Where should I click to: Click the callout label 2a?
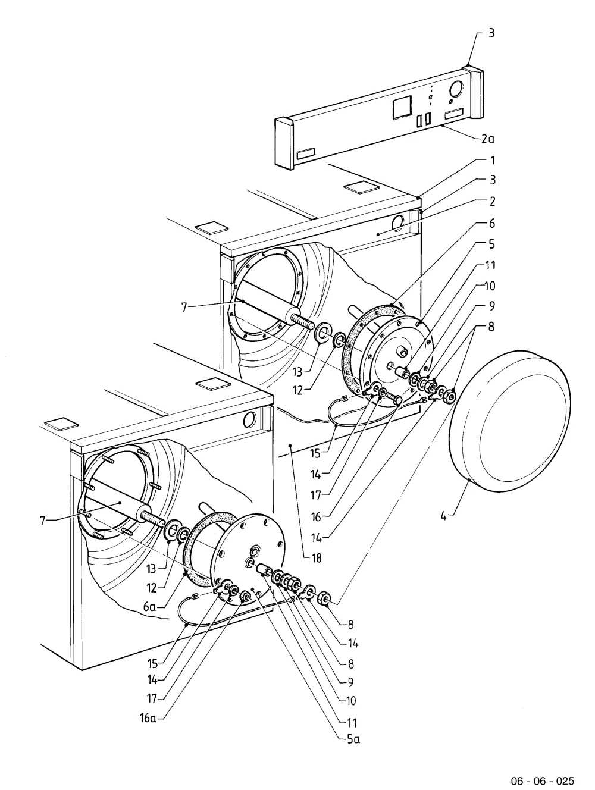pos(488,139)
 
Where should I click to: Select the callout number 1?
pos(493,160)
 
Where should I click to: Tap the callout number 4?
pos(444,516)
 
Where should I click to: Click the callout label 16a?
pos(148,718)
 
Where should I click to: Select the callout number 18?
pos(317,558)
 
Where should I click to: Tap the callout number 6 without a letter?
pos(491,224)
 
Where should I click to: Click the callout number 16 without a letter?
pos(316,517)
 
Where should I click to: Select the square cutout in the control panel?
pos(402,106)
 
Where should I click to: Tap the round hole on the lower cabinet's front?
pos(250,419)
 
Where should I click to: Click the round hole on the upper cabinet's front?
pos(397,224)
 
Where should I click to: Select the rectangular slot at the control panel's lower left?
pos(306,153)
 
